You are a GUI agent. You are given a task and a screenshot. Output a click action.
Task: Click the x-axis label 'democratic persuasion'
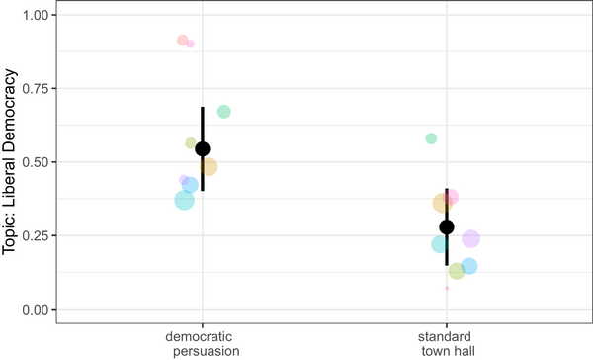pos(203,343)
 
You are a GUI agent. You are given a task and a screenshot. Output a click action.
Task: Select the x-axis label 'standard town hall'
pos(447,343)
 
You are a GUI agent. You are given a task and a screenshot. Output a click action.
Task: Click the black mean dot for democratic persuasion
pos(203,149)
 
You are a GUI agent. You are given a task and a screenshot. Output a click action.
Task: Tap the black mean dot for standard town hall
pos(447,226)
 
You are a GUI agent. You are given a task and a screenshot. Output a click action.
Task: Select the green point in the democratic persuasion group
pos(224,112)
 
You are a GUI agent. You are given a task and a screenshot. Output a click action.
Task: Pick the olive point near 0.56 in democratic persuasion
pos(192,143)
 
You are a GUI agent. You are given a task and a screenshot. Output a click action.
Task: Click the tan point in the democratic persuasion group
pos(208,166)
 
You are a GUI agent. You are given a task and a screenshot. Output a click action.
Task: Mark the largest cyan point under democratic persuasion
pos(185,200)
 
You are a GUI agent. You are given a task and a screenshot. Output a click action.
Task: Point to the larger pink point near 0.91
pos(183,41)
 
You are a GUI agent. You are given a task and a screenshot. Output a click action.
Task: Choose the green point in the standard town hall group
pos(431,138)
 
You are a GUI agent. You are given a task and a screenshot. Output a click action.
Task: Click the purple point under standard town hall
pos(470,239)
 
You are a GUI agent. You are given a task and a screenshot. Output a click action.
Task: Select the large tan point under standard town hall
pos(442,204)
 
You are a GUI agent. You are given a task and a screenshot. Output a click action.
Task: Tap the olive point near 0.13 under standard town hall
pos(457,271)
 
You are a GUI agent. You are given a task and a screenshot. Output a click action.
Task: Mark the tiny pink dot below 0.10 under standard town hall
pos(447,288)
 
